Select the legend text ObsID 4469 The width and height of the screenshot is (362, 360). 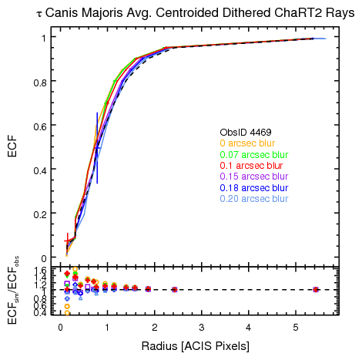pos(245,133)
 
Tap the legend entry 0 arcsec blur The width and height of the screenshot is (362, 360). pos(249,143)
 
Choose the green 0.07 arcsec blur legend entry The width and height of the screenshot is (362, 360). pos(254,154)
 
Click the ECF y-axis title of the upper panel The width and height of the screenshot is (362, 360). pos(12,146)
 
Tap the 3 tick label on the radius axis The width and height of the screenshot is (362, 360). pos(202,327)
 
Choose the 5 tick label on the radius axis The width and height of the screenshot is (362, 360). pos(296,327)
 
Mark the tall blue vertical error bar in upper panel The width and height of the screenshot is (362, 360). pos(97,148)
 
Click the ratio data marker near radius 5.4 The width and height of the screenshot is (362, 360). pos(316,289)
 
